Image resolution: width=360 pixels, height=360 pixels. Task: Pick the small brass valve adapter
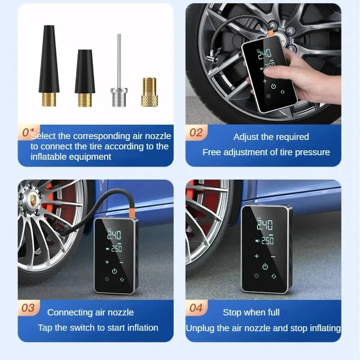(149, 92)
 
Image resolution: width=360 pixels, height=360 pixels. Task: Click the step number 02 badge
(196, 132)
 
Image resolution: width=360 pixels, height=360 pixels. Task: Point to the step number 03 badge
(28, 308)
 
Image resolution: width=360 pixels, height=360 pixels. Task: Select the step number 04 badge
(196, 308)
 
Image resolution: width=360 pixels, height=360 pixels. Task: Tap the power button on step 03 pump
(114, 271)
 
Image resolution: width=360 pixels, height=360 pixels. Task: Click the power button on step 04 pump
(265, 266)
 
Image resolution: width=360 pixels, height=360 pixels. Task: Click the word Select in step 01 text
(44, 136)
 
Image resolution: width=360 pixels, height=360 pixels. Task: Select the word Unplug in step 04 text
(200, 328)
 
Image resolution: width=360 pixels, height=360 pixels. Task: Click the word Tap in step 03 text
(45, 328)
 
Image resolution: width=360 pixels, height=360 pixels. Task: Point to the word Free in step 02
(211, 152)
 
